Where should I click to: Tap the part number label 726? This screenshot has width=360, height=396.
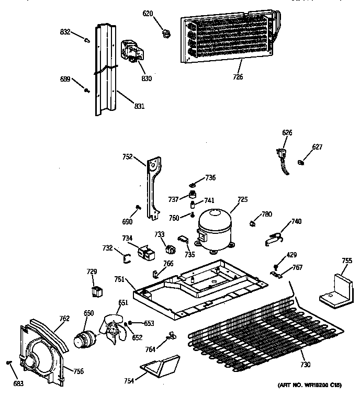tap(238, 77)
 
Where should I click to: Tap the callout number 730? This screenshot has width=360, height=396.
tap(305, 364)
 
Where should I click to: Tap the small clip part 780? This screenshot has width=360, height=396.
tap(253, 224)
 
